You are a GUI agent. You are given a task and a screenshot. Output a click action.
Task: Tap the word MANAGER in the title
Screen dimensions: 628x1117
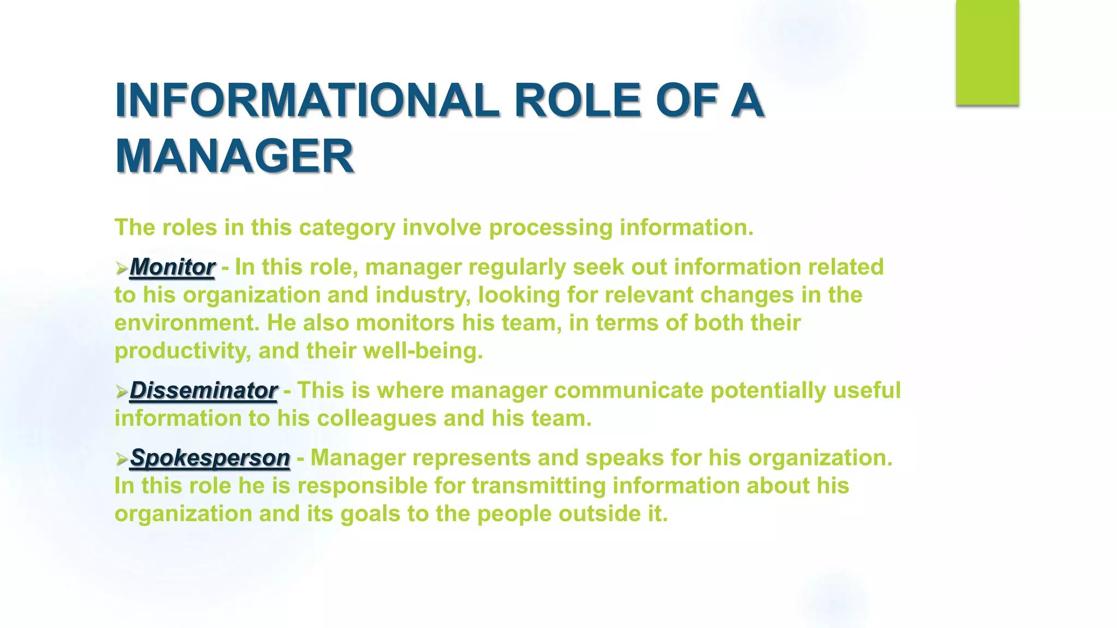(x=235, y=156)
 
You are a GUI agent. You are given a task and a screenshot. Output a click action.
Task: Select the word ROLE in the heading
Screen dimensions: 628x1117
(x=578, y=100)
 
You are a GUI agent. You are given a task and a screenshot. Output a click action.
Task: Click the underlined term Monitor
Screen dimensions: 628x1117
(x=172, y=267)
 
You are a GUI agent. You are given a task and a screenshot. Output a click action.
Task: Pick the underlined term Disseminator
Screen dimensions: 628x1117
(x=203, y=390)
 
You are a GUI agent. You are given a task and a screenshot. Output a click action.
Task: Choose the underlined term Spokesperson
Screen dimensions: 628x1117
(x=209, y=458)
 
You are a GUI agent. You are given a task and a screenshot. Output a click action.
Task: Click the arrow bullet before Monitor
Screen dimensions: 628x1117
(x=121, y=268)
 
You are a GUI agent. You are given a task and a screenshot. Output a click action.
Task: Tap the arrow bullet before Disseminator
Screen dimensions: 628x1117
(x=121, y=391)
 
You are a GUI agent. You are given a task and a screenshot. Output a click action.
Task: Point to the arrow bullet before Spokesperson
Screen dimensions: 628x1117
(x=121, y=459)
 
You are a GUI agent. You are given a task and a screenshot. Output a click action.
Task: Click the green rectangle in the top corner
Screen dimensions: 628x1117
(x=987, y=52)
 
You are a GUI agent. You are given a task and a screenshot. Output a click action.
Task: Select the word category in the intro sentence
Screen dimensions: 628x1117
(x=347, y=228)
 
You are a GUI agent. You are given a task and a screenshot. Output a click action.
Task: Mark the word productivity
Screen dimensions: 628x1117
(x=183, y=351)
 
